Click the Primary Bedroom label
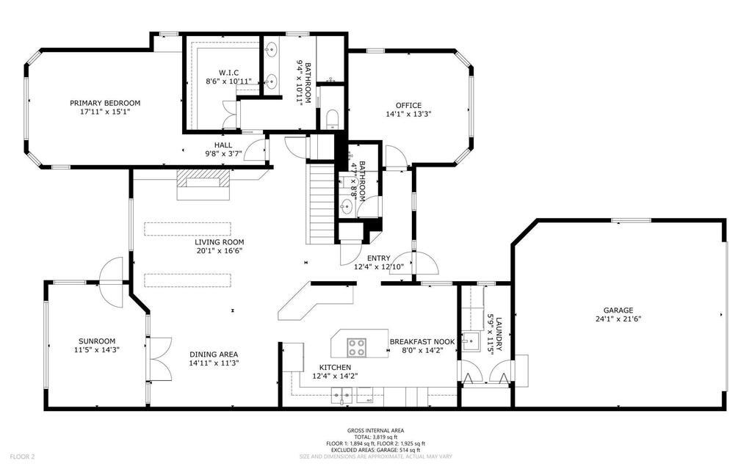105,103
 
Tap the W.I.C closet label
229,73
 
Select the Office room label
408,106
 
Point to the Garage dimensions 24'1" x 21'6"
618,319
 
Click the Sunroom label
97,341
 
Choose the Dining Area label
214,355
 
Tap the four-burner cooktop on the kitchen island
356,347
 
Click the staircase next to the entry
321,204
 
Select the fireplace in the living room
204,184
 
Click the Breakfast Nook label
422,342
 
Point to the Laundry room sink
471,342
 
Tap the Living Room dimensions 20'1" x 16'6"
219,250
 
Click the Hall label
223,145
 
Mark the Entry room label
379,258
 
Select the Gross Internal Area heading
375,431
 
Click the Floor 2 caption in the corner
22,457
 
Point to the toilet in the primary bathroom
332,118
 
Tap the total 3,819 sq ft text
375,437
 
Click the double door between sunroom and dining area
159,360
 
